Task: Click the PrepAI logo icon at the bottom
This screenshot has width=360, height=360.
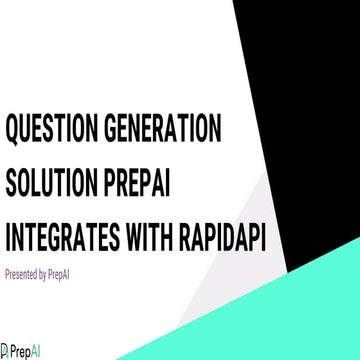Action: tap(5, 352)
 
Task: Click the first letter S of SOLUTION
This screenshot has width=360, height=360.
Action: tap(11, 184)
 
